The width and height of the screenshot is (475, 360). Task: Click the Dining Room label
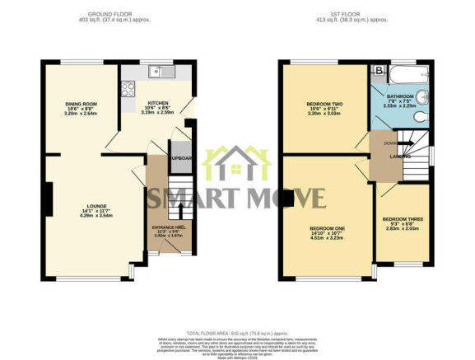coord(81,104)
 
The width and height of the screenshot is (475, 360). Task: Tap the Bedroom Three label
coord(401,221)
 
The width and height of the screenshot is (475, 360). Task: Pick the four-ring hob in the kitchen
coord(128,88)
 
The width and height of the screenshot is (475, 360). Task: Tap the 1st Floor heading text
coord(356,15)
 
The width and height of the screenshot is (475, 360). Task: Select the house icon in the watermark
coord(237,163)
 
